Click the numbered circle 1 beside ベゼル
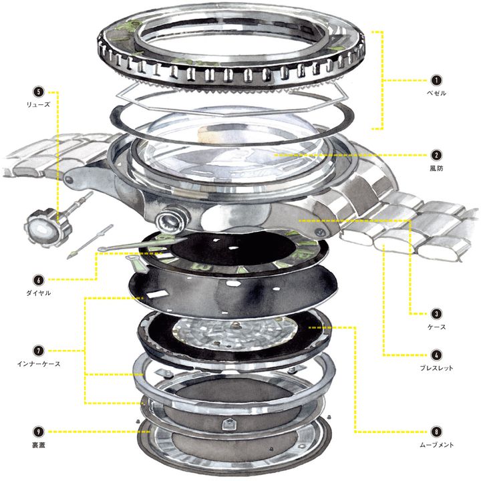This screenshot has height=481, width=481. (x=436, y=80)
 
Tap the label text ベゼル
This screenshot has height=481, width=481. (x=436, y=93)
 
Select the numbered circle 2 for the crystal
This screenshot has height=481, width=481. (x=436, y=155)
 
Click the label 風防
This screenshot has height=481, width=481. (x=436, y=168)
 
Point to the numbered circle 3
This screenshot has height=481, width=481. (x=436, y=314)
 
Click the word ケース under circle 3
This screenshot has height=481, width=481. (x=436, y=327)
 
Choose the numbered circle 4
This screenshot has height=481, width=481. (x=436, y=355)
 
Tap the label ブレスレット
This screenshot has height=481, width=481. (x=436, y=368)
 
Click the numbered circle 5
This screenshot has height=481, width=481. (x=39, y=92)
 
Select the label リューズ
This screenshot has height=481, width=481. (x=38, y=104)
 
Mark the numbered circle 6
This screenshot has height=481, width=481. (x=39, y=280)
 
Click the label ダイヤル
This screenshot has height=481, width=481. (x=38, y=293)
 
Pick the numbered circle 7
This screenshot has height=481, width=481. (x=39, y=351)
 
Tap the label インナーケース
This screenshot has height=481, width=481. (x=39, y=364)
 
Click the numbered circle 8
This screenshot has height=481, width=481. (x=436, y=432)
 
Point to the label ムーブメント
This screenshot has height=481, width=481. (x=436, y=445)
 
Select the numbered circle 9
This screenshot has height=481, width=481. (x=39, y=432)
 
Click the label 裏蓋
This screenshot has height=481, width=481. (x=39, y=445)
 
